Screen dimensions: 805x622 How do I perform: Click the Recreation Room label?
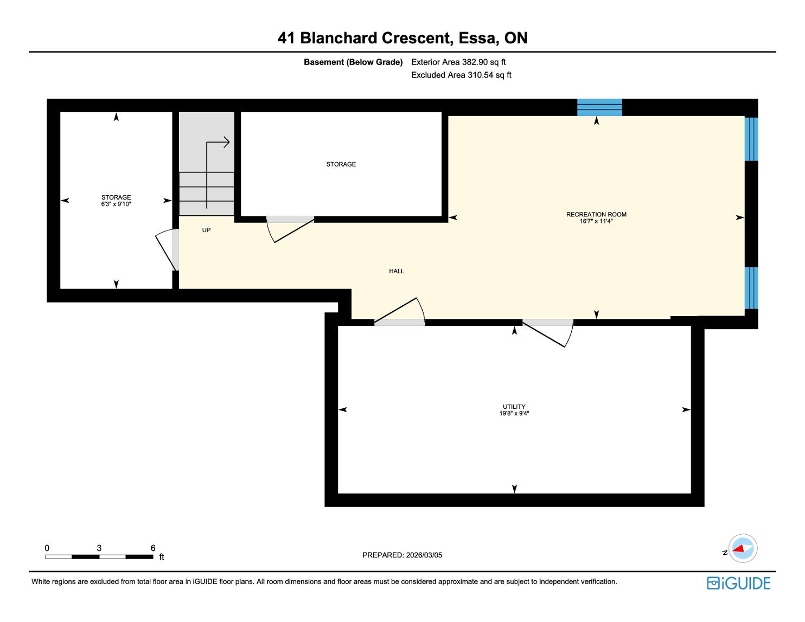click(x=596, y=214)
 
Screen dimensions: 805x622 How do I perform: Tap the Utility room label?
click(x=514, y=407)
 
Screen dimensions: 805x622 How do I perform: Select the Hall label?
click(x=397, y=271)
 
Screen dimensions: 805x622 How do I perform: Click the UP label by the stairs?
click(x=206, y=230)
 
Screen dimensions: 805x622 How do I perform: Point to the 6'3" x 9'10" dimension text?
click(x=116, y=204)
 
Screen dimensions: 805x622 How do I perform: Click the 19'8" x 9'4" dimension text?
click(x=514, y=414)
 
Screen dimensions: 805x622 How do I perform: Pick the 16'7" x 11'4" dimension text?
click(x=596, y=221)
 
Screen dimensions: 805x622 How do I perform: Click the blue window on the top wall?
click(x=599, y=107)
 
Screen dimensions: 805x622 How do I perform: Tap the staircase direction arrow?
click(x=217, y=157)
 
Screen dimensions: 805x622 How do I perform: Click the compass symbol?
click(x=742, y=548)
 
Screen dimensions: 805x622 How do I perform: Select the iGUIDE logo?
click(x=738, y=583)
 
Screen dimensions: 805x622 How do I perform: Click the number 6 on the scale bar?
click(x=153, y=548)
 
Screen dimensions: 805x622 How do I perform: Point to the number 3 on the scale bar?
click(x=99, y=548)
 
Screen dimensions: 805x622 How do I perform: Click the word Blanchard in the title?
click(x=346, y=38)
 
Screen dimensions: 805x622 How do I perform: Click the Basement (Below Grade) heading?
click(x=353, y=62)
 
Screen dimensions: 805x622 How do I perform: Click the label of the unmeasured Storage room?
click(x=341, y=164)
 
